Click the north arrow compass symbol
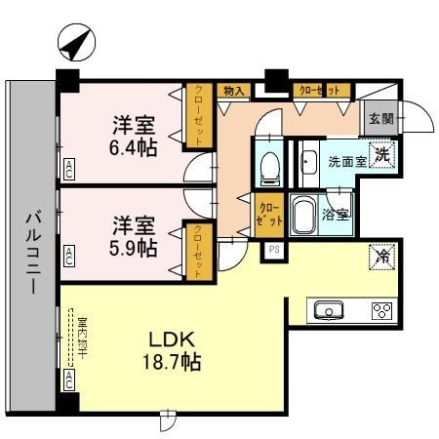pyautogui.click(x=74, y=43)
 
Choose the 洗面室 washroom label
pyautogui.click(x=346, y=160)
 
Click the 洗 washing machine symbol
pyautogui.click(x=384, y=153)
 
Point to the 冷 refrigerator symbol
pyautogui.click(x=380, y=258)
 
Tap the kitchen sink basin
pyautogui.click(x=328, y=311)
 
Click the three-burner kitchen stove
pyautogui.click(x=379, y=311)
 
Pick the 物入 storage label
pyautogui.click(x=233, y=91)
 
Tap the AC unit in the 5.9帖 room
pyautogui.click(x=69, y=258)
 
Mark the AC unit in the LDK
pyautogui.click(x=69, y=378)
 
